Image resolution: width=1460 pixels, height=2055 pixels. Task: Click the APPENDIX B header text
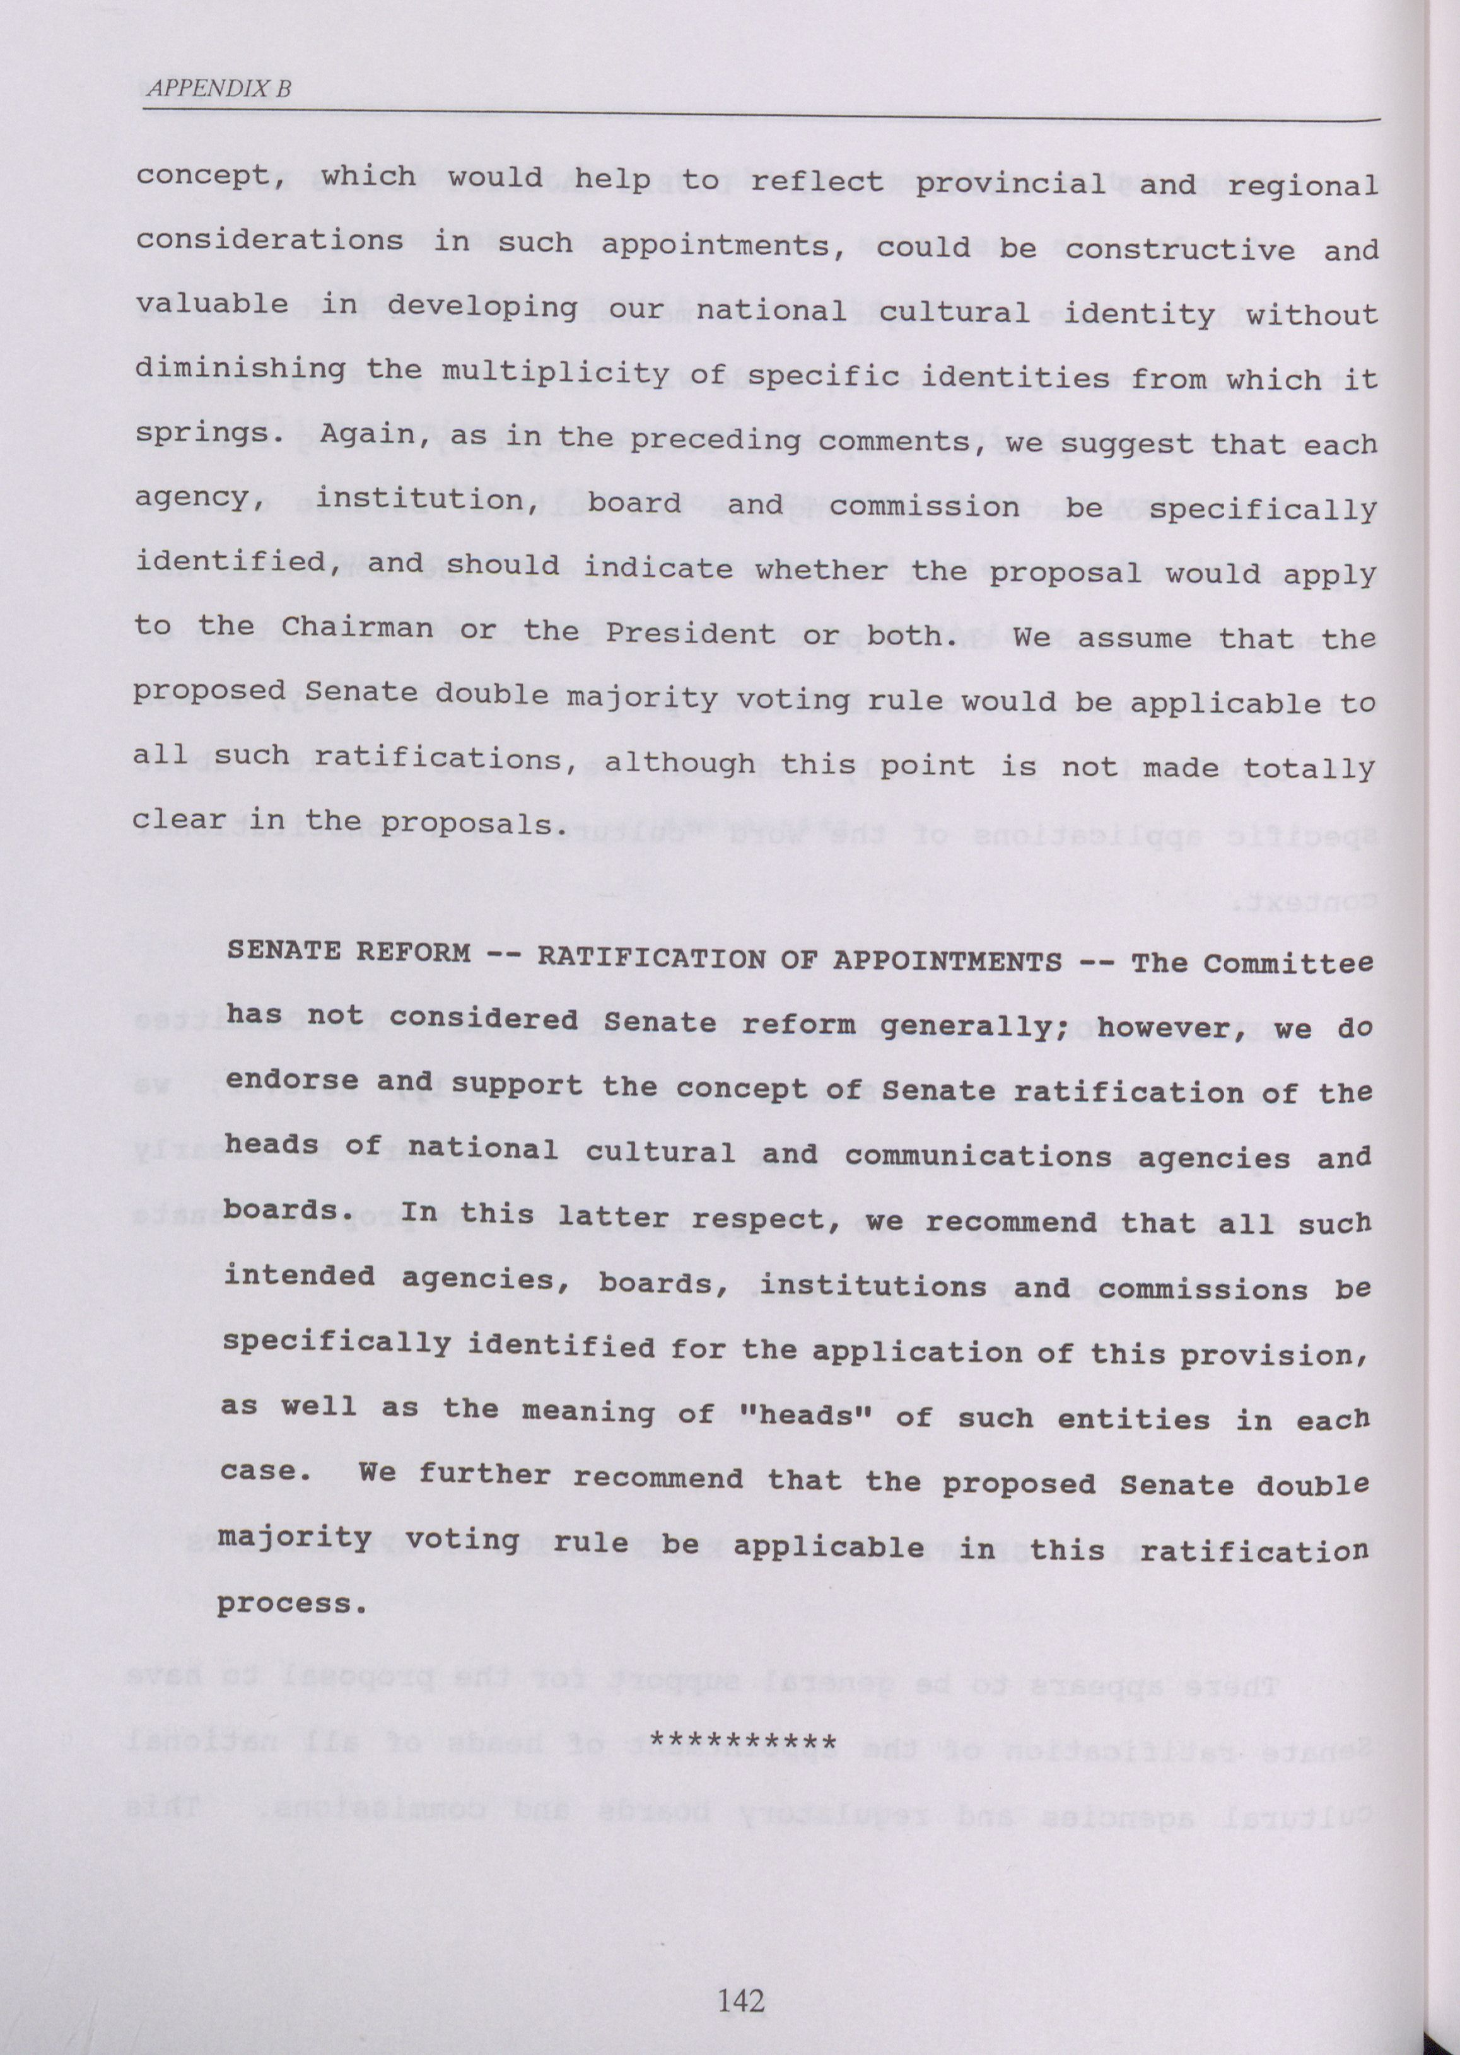pos(218,88)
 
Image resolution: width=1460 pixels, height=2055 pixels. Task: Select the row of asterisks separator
pos(744,1743)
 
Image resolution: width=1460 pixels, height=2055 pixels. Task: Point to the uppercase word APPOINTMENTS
pos(947,962)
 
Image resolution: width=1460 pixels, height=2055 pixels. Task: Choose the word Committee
pos(1287,963)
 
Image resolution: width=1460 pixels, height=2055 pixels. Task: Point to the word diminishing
pos(240,370)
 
